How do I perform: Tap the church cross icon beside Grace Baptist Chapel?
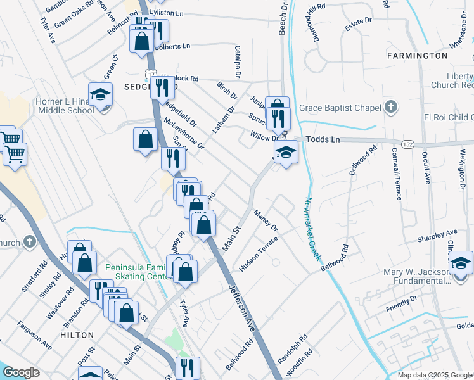click(391, 106)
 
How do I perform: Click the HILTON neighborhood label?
click(77, 334)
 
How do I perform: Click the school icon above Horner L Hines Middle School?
click(100, 95)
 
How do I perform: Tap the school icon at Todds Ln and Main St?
click(286, 152)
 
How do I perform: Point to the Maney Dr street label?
click(266, 220)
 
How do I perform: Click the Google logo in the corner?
click(22, 372)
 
